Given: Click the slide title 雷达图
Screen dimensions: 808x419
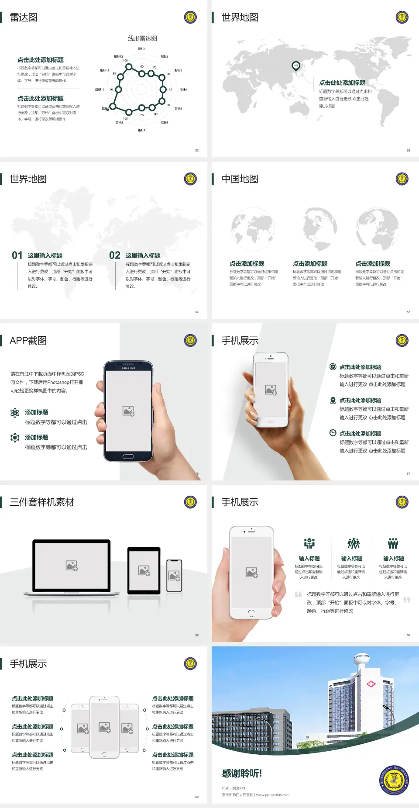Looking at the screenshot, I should pyautogui.click(x=24, y=17).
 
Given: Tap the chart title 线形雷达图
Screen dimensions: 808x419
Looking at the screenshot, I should pyautogui.click(x=142, y=38).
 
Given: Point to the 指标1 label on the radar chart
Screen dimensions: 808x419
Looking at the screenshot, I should pyautogui.click(x=142, y=49).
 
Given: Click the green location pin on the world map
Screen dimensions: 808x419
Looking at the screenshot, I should pyautogui.click(x=296, y=66).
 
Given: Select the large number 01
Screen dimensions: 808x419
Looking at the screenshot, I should pyautogui.click(x=17, y=256).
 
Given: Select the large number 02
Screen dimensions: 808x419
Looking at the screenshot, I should pyautogui.click(x=115, y=256).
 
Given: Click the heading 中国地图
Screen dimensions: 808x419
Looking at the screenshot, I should pyautogui.click(x=240, y=179).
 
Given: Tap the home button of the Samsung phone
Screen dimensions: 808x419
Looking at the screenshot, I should pyautogui.click(x=128, y=456).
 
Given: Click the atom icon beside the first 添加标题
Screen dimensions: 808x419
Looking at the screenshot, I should pyautogui.click(x=15, y=413).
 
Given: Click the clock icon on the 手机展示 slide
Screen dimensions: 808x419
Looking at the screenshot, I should pyautogui.click(x=333, y=433).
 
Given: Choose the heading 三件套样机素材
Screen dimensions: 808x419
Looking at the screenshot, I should pyautogui.click(x=42, y=502).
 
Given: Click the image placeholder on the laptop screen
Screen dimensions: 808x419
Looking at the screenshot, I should pyautogui.click(x=72, y=566).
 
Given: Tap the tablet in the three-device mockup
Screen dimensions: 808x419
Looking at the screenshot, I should pyautogui.click(x=144, y=570).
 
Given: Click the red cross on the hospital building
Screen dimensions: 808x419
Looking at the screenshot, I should pyautogui.click(x=371, y=684).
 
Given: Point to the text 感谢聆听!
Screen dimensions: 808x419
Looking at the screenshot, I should pyautogui.click(x=242, y=773).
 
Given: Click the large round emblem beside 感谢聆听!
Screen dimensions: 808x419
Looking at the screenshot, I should pyautogui.click(x=394, y=780).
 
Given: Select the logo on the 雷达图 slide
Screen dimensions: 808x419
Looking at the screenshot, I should pyautogui.click(x=190, y=17).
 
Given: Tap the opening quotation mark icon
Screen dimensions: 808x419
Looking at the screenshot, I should pyautogui.click(x=298, y=594).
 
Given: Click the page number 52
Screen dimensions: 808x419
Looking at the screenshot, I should pyautogui.click(x=197, y=150).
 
